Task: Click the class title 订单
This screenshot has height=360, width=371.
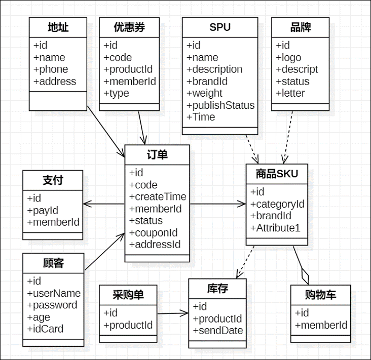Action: [x=157, y=155]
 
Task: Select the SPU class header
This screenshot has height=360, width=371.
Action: [x=219, y=27]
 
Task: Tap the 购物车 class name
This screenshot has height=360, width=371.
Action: [x=320, y=295]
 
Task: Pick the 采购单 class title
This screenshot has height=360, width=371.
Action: [x=128, y=295]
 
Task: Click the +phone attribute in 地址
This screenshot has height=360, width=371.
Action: [x=51, y=69]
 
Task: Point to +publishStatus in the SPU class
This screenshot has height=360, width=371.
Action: [x=220, y=105]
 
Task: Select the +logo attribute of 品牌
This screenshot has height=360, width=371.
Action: [x=288, y=57]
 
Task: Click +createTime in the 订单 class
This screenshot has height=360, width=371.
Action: [x=158, y=197]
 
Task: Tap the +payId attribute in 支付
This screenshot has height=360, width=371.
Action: [x=43, y=210]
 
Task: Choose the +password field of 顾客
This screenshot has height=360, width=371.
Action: [x=52, y=305]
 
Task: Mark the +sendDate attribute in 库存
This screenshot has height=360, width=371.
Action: [x=217, y=331]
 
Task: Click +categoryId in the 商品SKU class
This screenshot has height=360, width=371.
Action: [x=277, y=204]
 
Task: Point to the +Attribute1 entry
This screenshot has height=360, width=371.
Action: [x=275, y=228]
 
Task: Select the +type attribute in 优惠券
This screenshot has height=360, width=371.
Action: [x=116, y=93]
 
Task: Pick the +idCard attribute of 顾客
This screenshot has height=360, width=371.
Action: [x=45, y=329]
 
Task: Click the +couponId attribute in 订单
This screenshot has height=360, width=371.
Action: [x=154, y=233]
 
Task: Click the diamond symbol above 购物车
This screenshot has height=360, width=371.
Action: [x=304, y=276]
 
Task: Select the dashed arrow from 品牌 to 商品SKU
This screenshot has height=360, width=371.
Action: [x=288, y=134]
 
